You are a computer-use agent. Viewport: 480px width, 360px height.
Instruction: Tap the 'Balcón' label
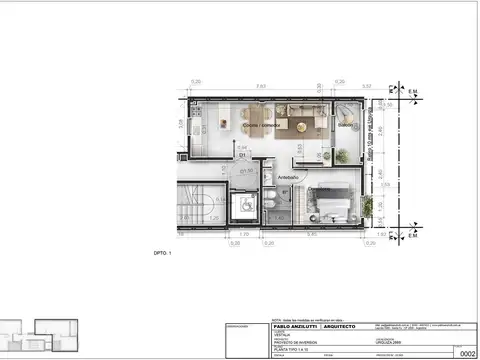(344, 126)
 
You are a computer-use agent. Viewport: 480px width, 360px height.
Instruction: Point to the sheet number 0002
(467, 353)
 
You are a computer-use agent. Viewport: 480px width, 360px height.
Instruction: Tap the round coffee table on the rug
(297, 126)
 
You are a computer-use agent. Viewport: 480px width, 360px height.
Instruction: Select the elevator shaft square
(241, 208)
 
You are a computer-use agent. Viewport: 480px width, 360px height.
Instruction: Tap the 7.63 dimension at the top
(260, 88)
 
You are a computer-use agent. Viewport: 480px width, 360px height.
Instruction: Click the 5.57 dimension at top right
(367, 88)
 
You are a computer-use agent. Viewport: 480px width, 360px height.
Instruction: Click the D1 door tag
(242, 156)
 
